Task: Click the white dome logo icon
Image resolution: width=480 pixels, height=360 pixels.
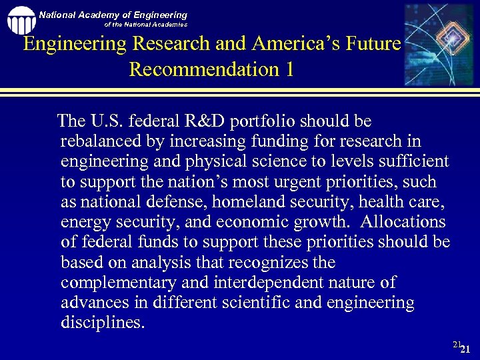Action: click(x=21, y=20)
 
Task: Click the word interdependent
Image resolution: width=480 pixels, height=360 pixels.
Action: click(x=251, y=283)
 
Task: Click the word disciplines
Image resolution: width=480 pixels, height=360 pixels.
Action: click(x=101, y=323)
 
